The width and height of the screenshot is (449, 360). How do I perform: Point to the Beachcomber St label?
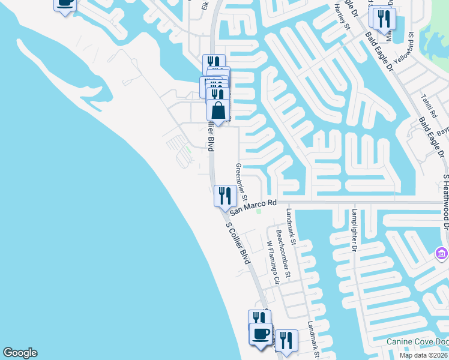pos(282,254)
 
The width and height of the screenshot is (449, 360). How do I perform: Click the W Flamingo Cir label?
pos(273,262)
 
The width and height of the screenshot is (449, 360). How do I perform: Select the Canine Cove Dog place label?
pos(417,342)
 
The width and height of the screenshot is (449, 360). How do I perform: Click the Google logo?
pos(20,353)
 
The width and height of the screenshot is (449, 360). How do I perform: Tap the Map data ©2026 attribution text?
pos(424,355)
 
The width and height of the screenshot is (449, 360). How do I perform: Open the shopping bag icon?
pos(218,110)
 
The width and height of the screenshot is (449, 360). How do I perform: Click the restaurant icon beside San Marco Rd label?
pos(223,195)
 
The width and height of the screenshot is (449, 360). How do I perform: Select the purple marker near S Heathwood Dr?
pos(442,253)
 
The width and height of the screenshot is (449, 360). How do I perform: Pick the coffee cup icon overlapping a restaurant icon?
pos(260,334)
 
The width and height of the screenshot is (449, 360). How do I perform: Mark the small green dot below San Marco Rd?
pos(259,211)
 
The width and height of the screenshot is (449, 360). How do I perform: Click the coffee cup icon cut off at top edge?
pos(65,4)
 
